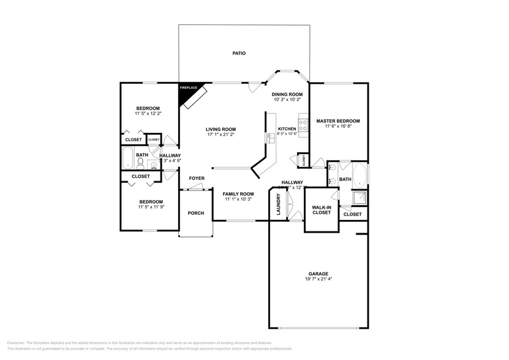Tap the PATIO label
click(239, 53)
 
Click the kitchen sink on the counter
click(269, 138)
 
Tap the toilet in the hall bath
click(140, 162)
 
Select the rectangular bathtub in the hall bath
click(127, 160)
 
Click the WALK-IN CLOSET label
click(322, 209)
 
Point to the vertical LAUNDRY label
click(279, 204)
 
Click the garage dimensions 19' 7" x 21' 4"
click(318, 279)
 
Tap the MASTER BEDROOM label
click(337, 121)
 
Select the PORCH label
click(195, 213)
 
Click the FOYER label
click(196, 178)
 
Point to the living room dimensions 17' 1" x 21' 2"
click(220, 135)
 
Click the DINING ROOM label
click(287, 94)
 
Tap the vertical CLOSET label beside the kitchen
click(303, 160)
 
